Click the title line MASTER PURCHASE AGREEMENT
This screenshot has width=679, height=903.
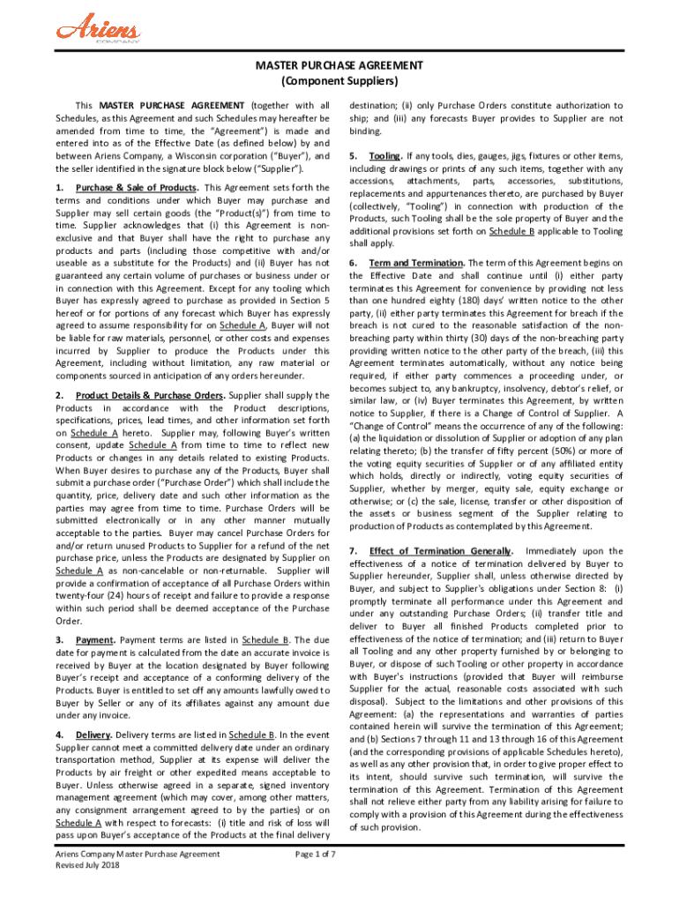point(339,66)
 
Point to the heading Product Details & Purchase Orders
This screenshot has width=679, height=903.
point(148,395)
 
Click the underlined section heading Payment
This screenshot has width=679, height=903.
point(93,639)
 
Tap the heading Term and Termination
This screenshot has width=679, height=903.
point(416,263)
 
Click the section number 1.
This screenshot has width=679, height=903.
point(58,188)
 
